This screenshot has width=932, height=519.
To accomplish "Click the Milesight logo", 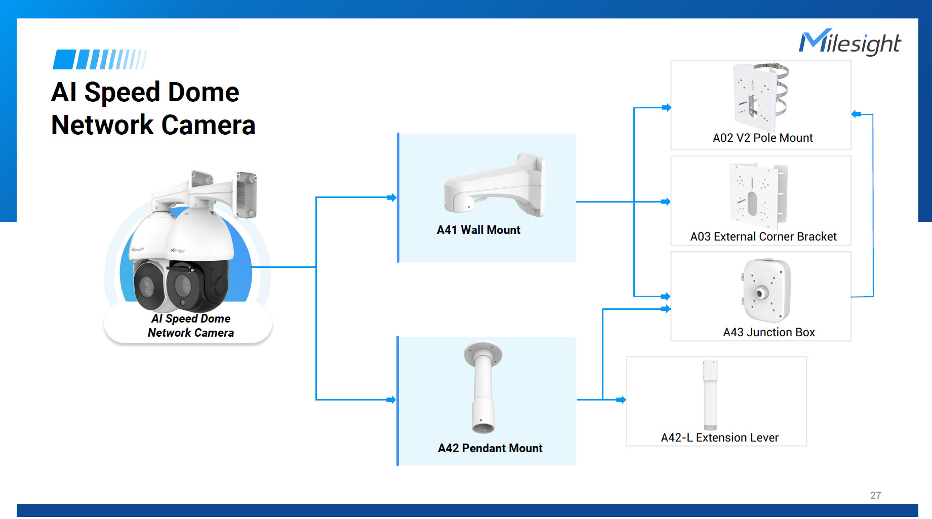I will [x=850, y=43].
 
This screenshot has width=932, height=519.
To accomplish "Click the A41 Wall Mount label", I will [x=478, y=230].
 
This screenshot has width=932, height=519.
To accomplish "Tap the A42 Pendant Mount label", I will [x=490, y=448].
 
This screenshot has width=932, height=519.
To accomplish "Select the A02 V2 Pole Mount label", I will [x=762, y=138].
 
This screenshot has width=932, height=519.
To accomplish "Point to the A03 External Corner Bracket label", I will [x=763, y=236].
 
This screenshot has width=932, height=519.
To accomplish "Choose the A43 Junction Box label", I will [x=768, y=332].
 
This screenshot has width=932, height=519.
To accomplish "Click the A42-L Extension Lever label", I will [x=719, y=437].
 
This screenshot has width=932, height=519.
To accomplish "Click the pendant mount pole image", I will [x=483, y=387].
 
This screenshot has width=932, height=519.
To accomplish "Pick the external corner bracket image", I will [x=758, y=195].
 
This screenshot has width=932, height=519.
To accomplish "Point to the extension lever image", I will [x=710, y=394].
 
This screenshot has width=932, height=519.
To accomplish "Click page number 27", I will [x=875, y=495].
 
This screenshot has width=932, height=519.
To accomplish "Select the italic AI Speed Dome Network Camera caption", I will [x=190, y=326].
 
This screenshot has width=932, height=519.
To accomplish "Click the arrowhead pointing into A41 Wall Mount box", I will [x=392, y=197].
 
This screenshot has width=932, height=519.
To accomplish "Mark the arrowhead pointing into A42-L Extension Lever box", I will [x=622, y=400].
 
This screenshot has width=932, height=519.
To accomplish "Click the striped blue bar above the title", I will [x=100, y=60].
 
